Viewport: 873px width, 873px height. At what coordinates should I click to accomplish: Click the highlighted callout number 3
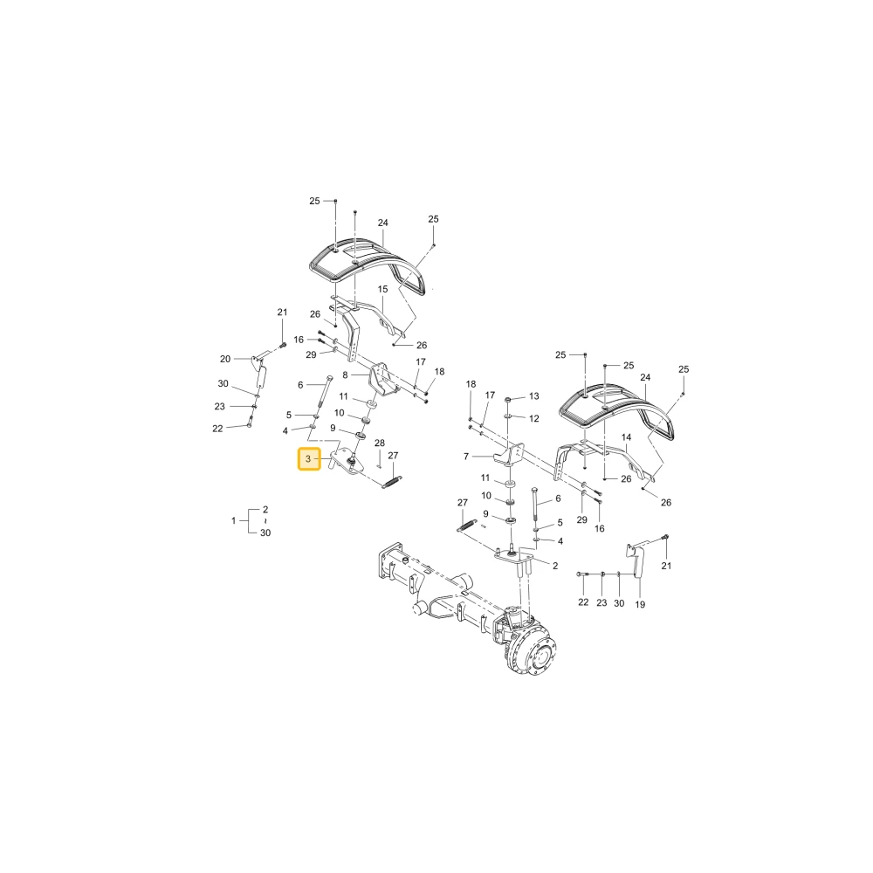(308, 459)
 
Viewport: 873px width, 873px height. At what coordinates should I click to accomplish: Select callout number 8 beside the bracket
(345, 375)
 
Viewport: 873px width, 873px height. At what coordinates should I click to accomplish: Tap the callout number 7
(466, 457)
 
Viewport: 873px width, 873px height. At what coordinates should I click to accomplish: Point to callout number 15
(382, 289)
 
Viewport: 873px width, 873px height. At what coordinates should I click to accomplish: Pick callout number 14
(626, 437)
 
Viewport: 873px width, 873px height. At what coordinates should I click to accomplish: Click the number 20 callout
(225, 359)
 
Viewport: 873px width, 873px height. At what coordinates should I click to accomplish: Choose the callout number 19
(640, 605)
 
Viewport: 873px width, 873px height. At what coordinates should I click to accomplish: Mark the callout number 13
(534, 396)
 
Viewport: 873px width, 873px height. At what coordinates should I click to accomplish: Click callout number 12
(534, 418)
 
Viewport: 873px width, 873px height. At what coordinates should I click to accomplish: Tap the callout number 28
(380, 443)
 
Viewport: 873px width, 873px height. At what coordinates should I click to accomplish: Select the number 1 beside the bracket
(234, 520)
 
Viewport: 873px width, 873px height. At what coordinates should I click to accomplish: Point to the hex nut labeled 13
(508, 400)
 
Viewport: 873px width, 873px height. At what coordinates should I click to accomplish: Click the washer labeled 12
(508, 416)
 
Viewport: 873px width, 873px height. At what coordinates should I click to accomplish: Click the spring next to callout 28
(392, 481)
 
